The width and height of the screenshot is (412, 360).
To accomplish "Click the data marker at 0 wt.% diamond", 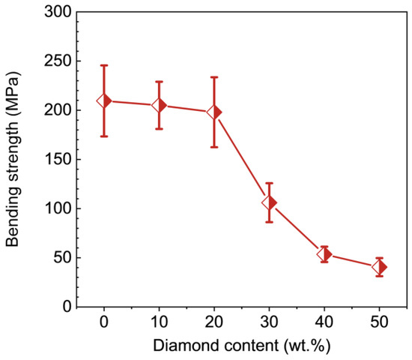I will pyautogui.click(x=104, y=100).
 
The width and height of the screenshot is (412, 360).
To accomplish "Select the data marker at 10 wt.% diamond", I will pyautogui.click(x=159, y=106).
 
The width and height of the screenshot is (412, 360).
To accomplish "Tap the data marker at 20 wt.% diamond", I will pyautogui.click(x=214, y=112).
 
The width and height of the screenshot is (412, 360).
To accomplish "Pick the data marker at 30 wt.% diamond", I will pyautogui.click(x=269, y=202).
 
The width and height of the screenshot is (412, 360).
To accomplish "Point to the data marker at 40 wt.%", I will pyautogui.click(x=324, y=254).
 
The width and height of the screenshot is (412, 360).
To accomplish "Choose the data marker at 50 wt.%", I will pyautogui.click(x=379, y=267).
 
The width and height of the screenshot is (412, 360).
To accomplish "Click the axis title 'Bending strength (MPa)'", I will pyautogui.click(x=13, y=159).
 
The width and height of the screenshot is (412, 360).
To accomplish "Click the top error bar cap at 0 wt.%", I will pyautogui.click(x=104, y=66).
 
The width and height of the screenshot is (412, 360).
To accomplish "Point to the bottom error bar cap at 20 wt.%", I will pyautogui.click(x=214, y=146).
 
